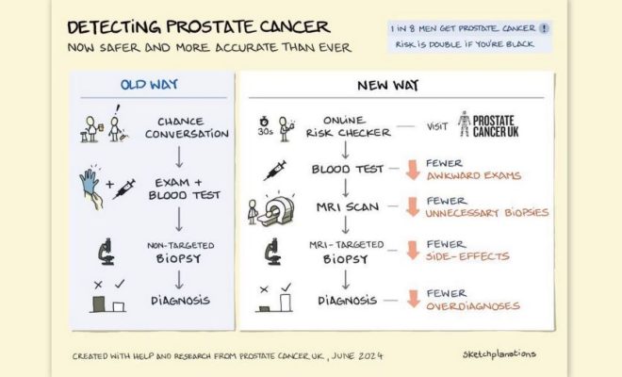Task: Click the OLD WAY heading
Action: (x=149, y=85)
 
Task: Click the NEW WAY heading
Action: (x=387, y=86)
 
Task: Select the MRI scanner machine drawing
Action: (x=276, y=211)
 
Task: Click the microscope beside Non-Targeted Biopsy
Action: (x=106, y=252)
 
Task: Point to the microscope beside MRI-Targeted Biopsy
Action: (x=273, y=252)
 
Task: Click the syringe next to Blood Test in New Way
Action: (x=275, y=171)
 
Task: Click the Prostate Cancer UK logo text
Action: (x=496, y=126)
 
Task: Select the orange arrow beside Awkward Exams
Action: (x=413, y=170)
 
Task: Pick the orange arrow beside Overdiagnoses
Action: (x=414, y=299)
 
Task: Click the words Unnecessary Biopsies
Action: (x=487, y=213)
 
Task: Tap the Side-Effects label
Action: (x=467, y=256)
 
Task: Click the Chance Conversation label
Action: (x=187, y=127)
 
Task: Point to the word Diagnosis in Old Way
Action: (x=181, y=301)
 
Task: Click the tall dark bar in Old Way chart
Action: (x=99, y=304)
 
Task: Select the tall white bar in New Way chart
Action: (x=286, y=303)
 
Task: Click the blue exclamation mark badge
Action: (x=545, y=28)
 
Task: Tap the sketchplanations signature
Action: (x=499, y=354)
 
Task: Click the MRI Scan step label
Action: (x=348, y=206)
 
